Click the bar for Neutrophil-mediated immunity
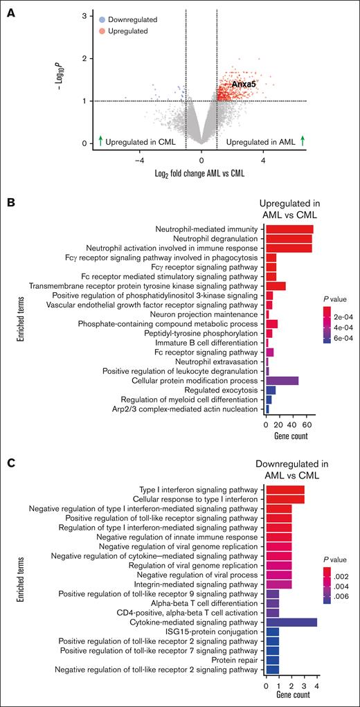(289, 229)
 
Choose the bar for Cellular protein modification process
(282, 380)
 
